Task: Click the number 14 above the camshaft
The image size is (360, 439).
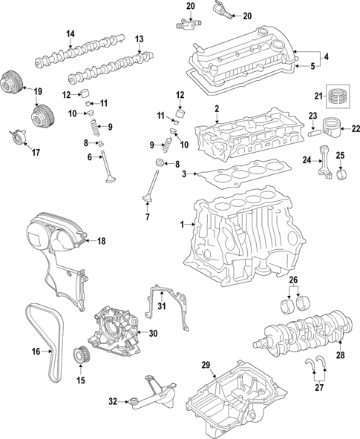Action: coord(71,34)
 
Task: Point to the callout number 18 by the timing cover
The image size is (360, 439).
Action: coord(102,241)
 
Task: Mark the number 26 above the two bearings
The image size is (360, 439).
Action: coord(292,280)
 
